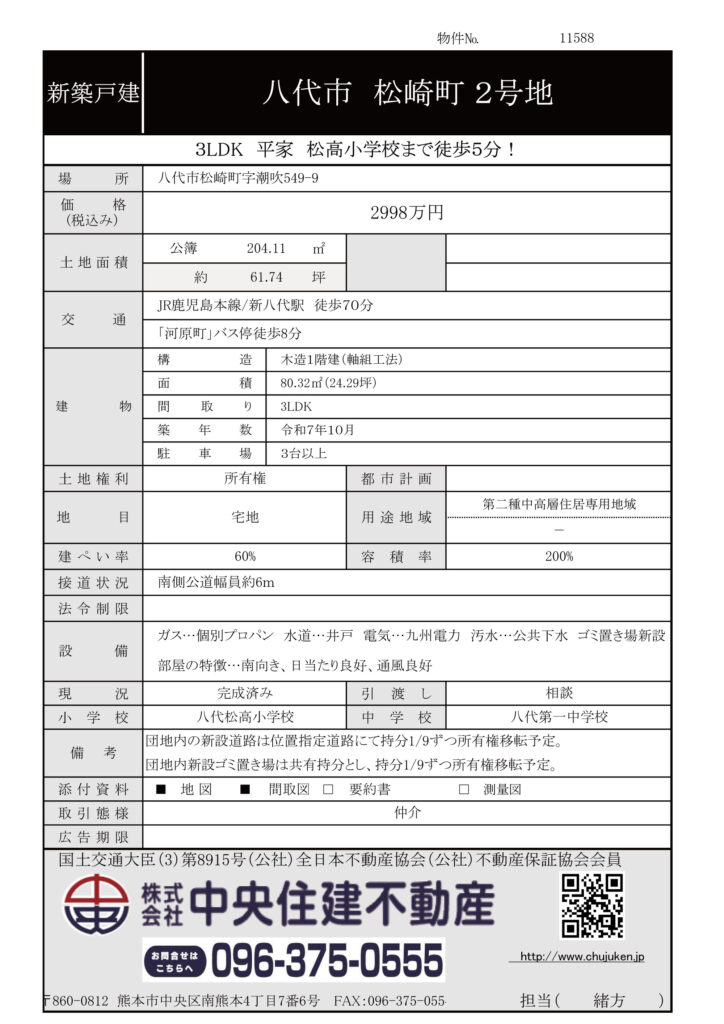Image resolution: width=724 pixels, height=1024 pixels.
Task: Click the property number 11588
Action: pos(577,38)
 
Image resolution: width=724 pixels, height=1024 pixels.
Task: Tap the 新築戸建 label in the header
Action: pos(93,94)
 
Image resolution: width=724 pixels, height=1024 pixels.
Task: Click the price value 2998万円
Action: pos(406,213)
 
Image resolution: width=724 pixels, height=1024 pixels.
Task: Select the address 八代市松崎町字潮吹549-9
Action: pos(240,178)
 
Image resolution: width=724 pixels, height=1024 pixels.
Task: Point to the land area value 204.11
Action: pos(266,249)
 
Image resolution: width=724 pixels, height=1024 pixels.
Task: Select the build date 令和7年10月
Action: pos(318,430)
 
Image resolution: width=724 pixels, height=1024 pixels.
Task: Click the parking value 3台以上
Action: pos(302,454)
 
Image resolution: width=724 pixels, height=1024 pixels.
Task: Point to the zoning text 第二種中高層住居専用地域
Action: pos(558,505)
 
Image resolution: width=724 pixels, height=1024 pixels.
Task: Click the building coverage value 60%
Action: pos(245,556)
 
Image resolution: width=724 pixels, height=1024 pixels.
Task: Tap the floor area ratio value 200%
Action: pos(558,556)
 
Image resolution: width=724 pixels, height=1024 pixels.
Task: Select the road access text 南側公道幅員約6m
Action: pos(216,582)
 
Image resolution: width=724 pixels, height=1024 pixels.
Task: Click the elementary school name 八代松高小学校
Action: pos(245,717)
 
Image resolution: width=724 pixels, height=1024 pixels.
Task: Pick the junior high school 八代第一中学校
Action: pos(558,717)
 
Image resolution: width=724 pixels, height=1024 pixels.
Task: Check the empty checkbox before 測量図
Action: pos(464,790)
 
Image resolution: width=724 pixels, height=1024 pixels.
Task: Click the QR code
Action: pos(591,905)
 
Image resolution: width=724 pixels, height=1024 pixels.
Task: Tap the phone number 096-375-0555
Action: pos(326,961)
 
